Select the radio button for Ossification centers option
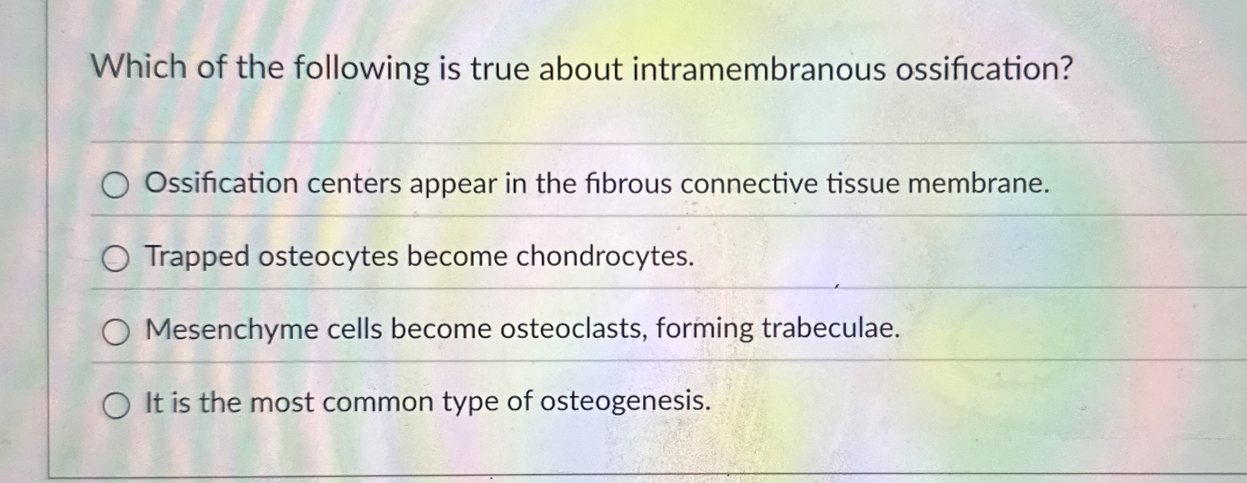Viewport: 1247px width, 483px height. pos(115,186)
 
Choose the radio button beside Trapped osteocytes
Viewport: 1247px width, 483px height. pos(115,259)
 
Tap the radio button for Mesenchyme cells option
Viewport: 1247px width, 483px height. pos(115,333)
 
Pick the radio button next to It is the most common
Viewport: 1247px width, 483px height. pos(115,406)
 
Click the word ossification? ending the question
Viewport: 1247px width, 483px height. pos(984,69)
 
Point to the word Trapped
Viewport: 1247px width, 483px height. pos(198,256)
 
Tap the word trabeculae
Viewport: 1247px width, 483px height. pos(830,329)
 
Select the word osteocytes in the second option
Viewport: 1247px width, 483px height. pos(327,256)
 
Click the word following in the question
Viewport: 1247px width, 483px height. pos(361,69)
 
